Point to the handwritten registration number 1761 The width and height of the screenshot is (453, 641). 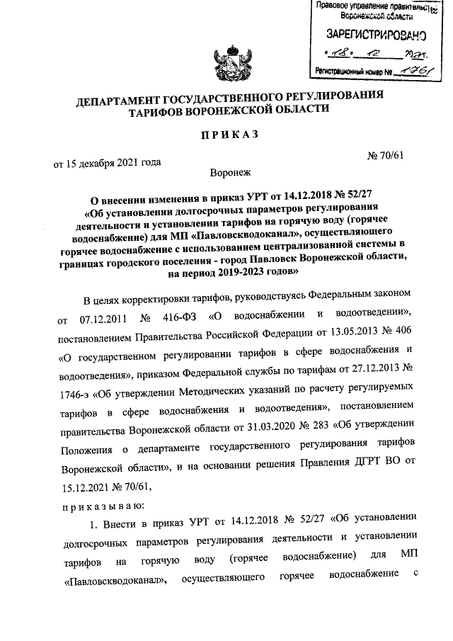pos(413,72)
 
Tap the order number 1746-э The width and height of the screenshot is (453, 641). pos(73,389)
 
